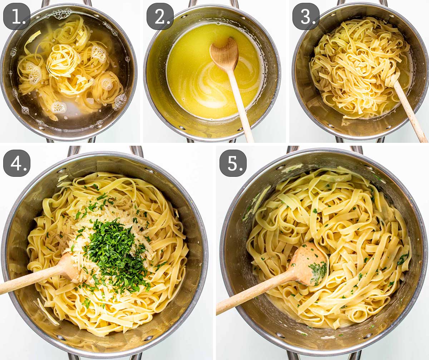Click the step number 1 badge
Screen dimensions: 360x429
(x=17, y=16)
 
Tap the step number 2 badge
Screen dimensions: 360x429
(x=160, y=16)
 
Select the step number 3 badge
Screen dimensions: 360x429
(x=306, y=16)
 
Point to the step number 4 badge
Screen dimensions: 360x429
(x=17, y=163)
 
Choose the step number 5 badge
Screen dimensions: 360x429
(x=233, y=163)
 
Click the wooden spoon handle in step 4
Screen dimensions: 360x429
(x=29, y=280)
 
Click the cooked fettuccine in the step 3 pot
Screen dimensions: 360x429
(x=354, y=64)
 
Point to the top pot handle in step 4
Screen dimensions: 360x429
(x=105, y=150)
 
